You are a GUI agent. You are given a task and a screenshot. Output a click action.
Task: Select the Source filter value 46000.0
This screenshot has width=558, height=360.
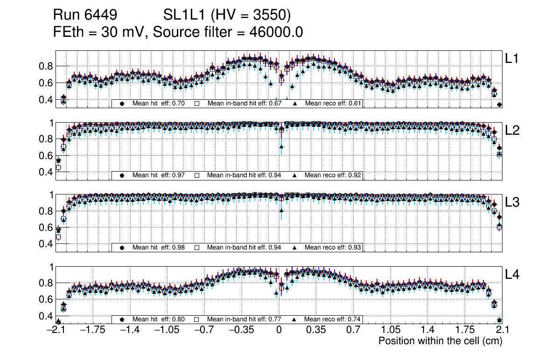[278, 32]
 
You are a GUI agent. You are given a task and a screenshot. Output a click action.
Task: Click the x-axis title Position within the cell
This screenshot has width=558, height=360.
[440, 341]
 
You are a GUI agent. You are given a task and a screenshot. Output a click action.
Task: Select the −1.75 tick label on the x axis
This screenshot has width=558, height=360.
[92, 330]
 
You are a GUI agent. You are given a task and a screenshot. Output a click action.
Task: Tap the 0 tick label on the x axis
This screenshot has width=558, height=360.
[279, 330]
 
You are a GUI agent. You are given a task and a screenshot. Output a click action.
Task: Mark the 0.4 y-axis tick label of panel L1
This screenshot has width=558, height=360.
[45, 100]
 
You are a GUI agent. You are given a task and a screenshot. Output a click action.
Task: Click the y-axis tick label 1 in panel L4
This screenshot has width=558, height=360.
[52, 267]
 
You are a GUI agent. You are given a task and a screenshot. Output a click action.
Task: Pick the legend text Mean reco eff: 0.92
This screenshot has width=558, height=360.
[333, 175]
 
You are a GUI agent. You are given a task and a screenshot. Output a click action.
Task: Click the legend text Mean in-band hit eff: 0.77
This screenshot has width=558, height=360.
[244, 319]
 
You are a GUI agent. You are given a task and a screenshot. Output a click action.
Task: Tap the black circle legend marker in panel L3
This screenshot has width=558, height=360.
[122, 248]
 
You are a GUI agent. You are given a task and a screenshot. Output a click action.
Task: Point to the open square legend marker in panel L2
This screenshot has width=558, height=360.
[197, 175]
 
